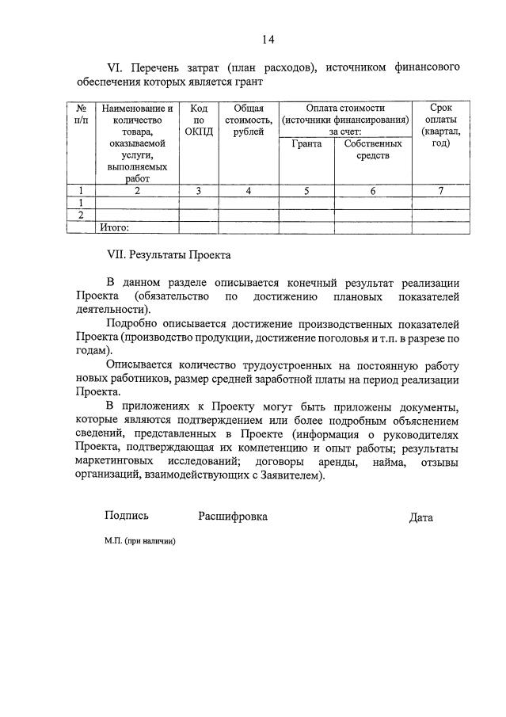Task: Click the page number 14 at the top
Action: coord(268,39)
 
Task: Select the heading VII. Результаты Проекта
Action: coord(168,256)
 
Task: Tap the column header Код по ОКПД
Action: coord(199,120)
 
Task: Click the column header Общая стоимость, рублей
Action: coord(249,120)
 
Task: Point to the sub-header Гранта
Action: coord(306,143)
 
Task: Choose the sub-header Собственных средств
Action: coord(373,149)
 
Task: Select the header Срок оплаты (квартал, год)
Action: coord(440,125)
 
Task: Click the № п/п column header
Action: coord(80,113)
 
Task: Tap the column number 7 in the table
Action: coord(440,190)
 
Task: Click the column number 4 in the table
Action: coord(249,190)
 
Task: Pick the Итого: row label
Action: coord(114,227)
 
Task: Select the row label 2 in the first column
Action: coord(80,215)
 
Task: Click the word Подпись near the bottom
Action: coord(127,516)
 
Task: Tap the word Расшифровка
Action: coord(233,516)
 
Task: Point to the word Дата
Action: coord(420,517)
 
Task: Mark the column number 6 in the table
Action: coord(373,190)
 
